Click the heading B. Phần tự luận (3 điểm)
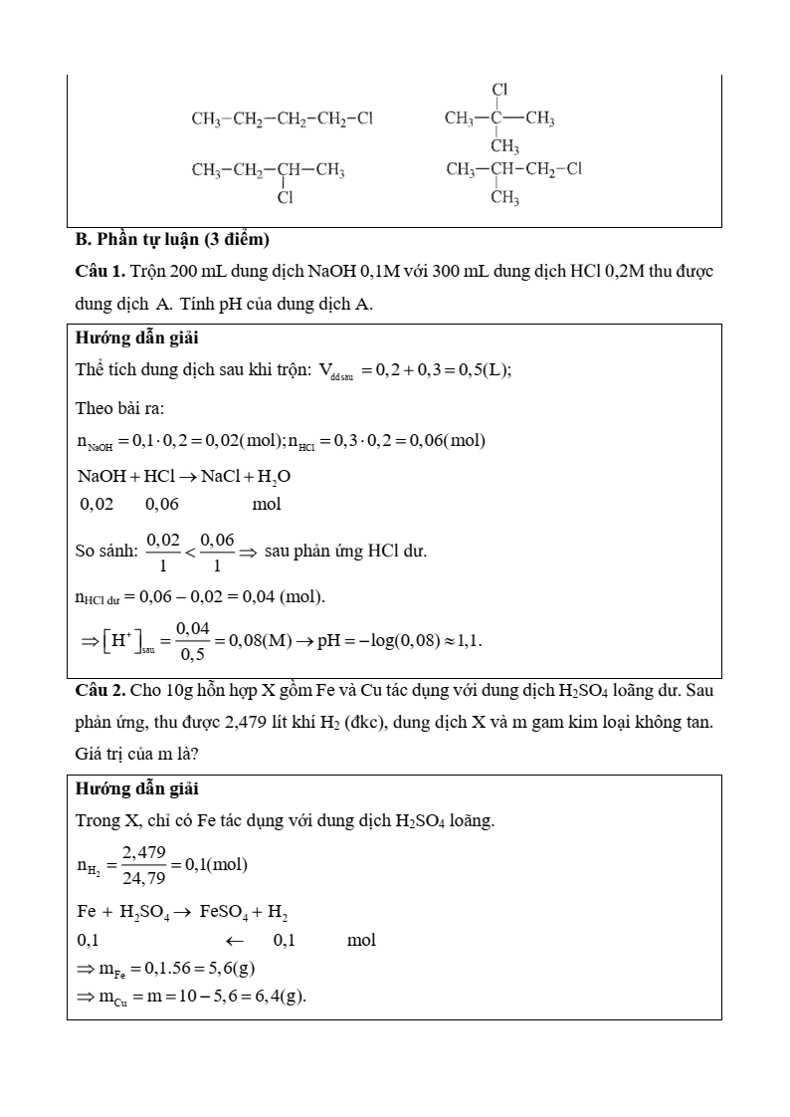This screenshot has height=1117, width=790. (172, 240)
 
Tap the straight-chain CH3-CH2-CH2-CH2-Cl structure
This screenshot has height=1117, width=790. (282, 119)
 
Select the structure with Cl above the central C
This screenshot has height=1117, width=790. (499, 119)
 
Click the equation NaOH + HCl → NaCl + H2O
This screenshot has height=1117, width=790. (184, 476)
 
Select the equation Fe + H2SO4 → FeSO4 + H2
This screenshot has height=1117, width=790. (182, 912)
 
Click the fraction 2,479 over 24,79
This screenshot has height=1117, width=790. (143, 865)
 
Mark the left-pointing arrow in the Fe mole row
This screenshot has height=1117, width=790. (235, 940)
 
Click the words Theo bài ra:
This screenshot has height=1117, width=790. (119, 408)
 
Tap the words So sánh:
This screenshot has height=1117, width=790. (106, 551)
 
